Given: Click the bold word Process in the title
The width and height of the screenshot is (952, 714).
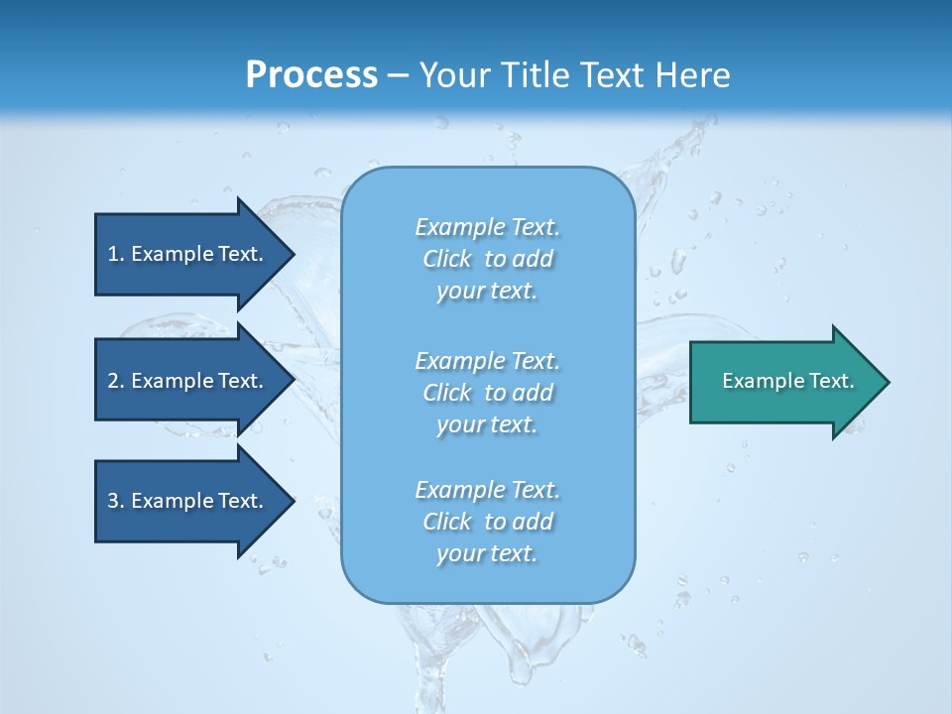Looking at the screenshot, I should (x=311, y=75).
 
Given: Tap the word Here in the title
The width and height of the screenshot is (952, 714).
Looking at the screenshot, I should (x=691, y=75).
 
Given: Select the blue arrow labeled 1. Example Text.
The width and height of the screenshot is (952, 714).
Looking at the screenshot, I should (x=188, y=254).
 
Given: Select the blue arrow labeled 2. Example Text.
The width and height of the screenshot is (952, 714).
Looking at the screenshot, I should (x=188, y=381).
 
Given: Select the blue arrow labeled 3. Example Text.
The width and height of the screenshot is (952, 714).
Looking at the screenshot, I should (x=188, y=501).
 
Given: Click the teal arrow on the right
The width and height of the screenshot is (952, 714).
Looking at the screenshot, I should (x=783, y=381).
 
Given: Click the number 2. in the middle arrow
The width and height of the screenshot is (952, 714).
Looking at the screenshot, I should (x=116, y=381).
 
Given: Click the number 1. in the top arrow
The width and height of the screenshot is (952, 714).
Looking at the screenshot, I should (x=116, y=254).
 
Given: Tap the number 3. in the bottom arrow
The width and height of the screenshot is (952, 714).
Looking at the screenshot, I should (x=116, y=501).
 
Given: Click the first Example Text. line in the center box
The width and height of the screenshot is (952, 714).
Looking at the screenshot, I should (x=487, y=227).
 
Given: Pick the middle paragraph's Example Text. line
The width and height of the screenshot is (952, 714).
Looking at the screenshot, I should (x=487, y=360).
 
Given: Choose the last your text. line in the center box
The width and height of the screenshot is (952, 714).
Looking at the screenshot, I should (x=487, y=553).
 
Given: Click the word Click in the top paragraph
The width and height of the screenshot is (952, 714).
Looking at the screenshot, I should (x=447, y=259).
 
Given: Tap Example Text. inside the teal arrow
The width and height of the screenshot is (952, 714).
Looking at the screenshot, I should (x=787, y=381).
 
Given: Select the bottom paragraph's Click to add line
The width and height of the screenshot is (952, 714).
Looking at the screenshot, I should (x=487, y=522).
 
